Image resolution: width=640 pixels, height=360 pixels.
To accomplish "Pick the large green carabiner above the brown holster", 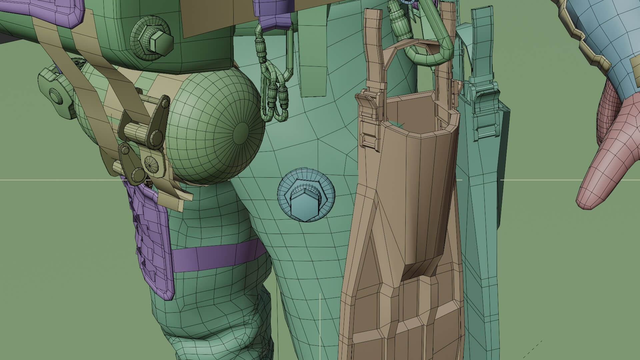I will (433, 47).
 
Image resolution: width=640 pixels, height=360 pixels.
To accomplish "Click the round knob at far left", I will (55, 97).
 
